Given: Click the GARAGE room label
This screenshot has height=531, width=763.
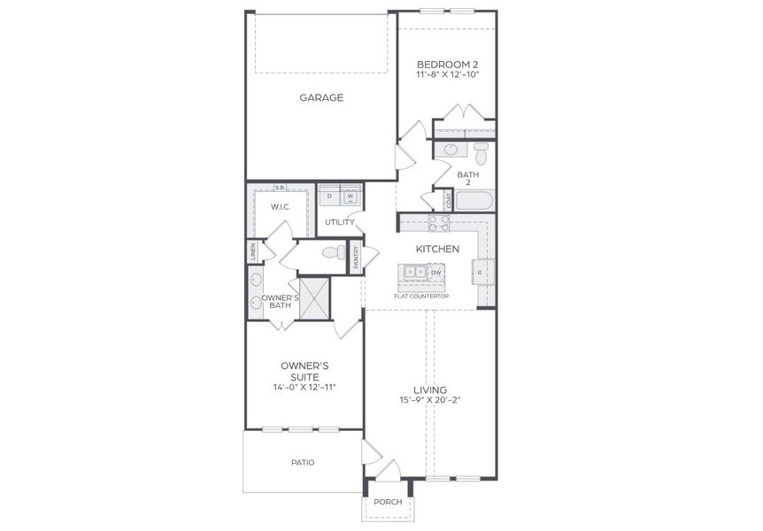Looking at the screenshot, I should pyautogui.click(x=320, y=97).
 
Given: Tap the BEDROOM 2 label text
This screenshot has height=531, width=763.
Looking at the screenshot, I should pyautogui.click(x=447, y=65).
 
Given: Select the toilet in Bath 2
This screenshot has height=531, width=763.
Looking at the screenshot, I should pyautogui.click(x=482, y=155).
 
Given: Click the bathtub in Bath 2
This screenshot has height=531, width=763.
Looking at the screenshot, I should pyautogui.click(x=474, y=200).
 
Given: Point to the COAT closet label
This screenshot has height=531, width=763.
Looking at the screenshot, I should pyautogui.click(x=449, y=200).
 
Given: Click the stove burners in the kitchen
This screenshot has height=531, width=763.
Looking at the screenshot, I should pyautogui.click(x=439, y=222).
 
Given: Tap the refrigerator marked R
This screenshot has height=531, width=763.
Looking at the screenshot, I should pyautogui.click(x=480, y=272).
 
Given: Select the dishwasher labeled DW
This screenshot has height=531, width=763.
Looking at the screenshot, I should pyautogui.click(x=435, y=273).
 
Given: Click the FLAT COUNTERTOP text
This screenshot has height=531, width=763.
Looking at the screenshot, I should pyautogui.click(x=421, y=296).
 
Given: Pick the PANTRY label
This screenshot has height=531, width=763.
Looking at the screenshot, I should pyautogui.click(x=356, y=258).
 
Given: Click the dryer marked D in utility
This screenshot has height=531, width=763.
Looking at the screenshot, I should pyautogui.click(x=329, y=196).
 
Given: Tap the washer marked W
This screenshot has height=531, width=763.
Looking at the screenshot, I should pyautogui.click(x=350, y=196).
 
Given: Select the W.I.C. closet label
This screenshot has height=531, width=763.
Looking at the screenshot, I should pyautogui.click(x=280, y=206).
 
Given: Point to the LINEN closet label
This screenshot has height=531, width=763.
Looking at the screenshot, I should pyautogui.click(x=252, y=252).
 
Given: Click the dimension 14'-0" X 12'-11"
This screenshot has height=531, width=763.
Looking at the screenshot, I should pyautogui.click(x=306, y=388).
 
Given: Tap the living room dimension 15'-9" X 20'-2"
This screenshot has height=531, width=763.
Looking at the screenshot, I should pyautogui.click(x=429, y=401).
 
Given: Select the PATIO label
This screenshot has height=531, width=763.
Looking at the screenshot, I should pyautogui.click(x=303, y=462).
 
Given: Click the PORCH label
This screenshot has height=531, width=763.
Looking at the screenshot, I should pyautogui.click(x=388, y=502).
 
